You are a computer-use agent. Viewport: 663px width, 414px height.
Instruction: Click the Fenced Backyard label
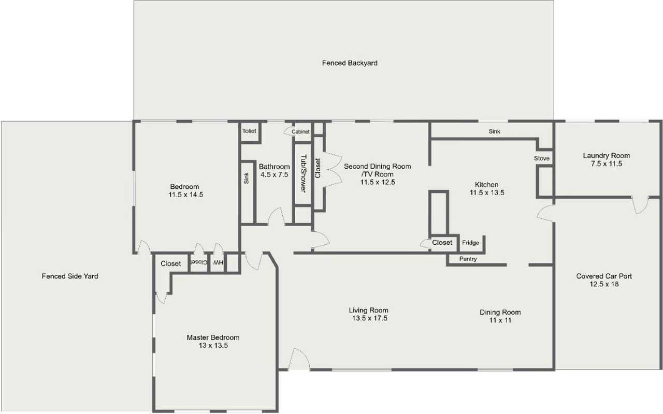pyautogui.click(x=350, y=63)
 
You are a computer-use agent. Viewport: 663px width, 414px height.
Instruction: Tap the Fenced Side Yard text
pyautogui.click(x=70, y=276)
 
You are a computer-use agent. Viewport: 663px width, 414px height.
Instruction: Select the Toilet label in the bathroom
pyautogui.click(x=249, y=131)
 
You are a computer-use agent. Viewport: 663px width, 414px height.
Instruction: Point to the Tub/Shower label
pyautogui.click(x=304, y=173)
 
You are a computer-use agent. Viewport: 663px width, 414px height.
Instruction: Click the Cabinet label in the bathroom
pyautogui.click(x=300, y=131)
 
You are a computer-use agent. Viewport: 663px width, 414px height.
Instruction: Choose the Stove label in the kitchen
pyautogui.click(x=542, y=158)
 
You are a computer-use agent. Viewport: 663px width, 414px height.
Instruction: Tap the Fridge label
pyautogui.click(x=470, y=243)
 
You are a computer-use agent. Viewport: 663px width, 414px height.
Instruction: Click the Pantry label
pyautogui.click(x=468, y=259)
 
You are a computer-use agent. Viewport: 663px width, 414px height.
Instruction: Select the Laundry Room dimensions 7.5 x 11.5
pyautogui.click(x=607, y=164)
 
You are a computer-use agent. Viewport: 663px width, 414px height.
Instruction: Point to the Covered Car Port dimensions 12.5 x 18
pyautogui.click(x=604, y=284)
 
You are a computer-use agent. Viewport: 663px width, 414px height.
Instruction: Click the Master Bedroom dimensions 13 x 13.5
pyautogui.click(x=213, y=346)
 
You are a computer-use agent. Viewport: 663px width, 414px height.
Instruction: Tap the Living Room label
pyautogui.click(x=368, y=310)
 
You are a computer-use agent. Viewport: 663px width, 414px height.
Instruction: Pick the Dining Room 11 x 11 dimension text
pyautogui.click(x=500, y=320)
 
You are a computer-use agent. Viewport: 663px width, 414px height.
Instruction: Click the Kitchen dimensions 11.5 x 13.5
pyautogui.click(x=487, y=193)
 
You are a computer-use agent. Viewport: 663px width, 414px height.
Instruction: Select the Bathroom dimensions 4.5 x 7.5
pyautogui.click(x=275, y=175)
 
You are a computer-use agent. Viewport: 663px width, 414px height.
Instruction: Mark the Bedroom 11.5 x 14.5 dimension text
pyautogui.click(x=185, y=195)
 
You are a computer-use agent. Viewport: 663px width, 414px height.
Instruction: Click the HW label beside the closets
pyautogui.click(x=218, y=262)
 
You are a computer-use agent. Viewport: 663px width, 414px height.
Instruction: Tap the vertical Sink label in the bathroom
pyautogui.click(x=246, y=179)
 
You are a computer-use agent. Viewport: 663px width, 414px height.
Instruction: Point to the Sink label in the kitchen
pyautogui.click(x=494, y=131)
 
